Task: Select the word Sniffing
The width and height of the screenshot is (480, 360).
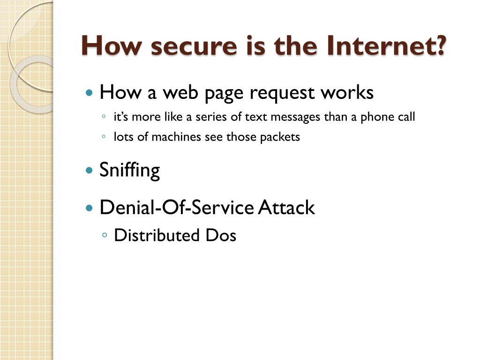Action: [129, 170]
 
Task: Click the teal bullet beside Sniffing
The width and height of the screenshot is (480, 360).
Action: [90, 170]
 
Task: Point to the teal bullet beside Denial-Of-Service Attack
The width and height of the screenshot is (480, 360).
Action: [90, 207]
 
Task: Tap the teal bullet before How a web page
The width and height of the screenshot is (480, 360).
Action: [90, 93]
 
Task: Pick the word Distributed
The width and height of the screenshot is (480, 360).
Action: [157, 235]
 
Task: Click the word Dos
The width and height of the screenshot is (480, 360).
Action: [220, 235]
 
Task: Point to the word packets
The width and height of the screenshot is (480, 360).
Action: [280, 137]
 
